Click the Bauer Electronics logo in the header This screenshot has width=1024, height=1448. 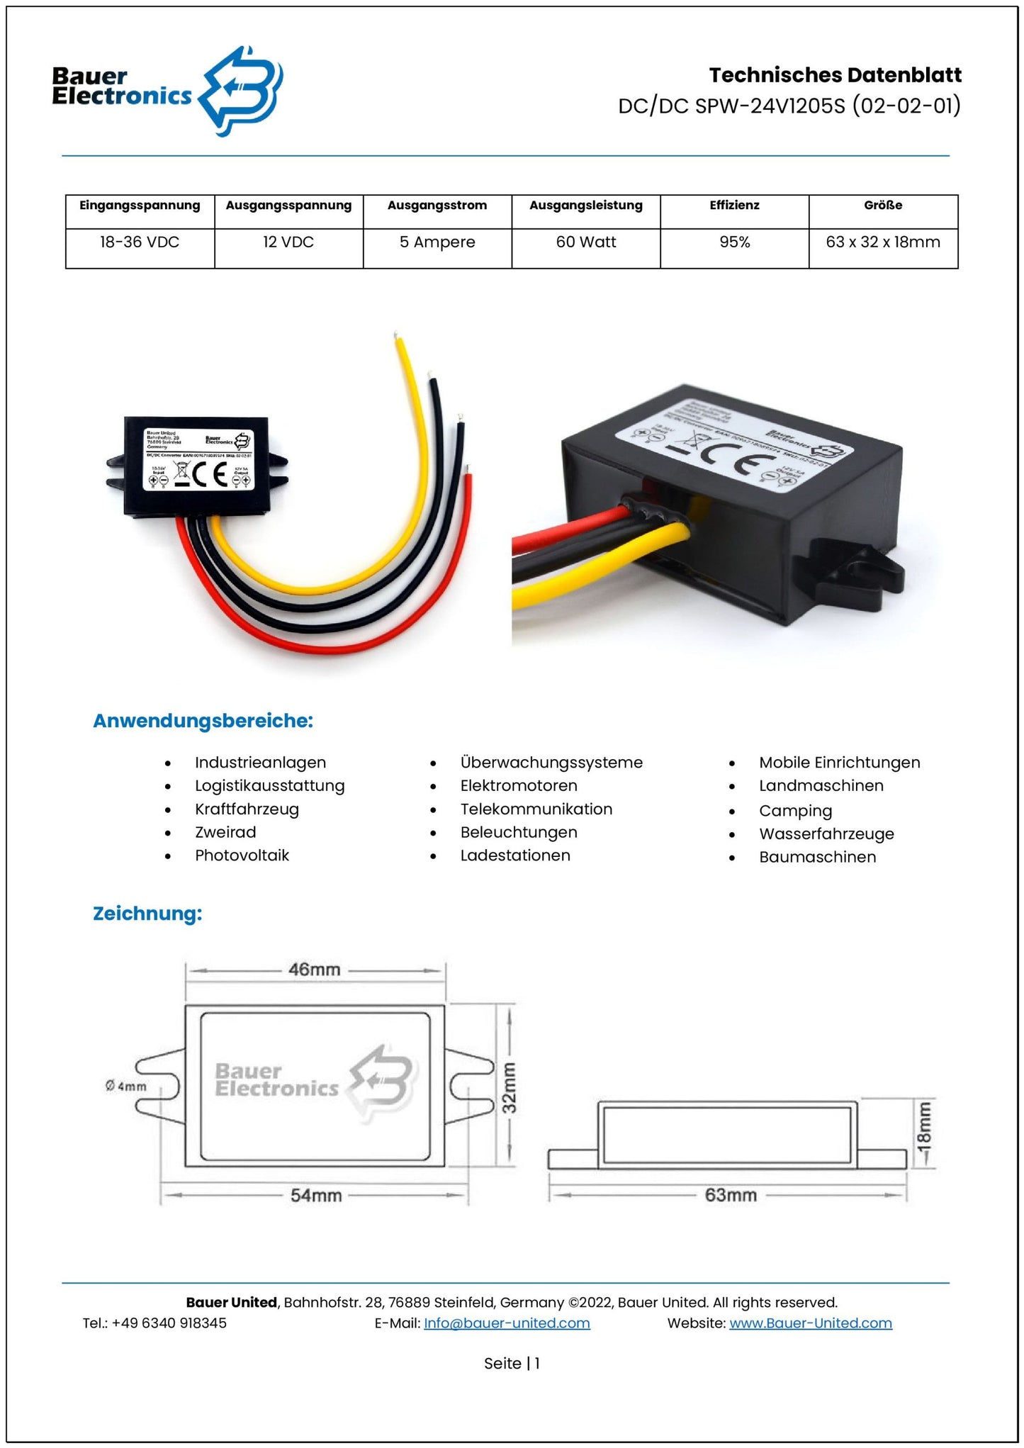coord(167,90)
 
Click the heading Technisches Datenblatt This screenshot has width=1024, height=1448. coord(835,75)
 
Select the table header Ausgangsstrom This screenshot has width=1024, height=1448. coord(437,206)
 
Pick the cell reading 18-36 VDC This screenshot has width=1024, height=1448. coord(140,242)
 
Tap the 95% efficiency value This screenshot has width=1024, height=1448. coord(734,242)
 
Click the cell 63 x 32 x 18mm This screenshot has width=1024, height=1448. coord(882,242)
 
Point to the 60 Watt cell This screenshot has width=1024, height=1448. coord(586,242)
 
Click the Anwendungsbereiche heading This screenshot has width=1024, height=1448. coord(203,721)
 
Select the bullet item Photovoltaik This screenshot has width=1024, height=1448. coord(242,855)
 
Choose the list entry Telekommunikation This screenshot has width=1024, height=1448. coord(536,809)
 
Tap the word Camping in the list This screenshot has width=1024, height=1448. coord(795,811)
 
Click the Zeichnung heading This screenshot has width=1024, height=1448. coord(147,913)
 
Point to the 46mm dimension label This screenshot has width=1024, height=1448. coord(314,969)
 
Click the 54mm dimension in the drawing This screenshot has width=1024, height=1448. coord(316,1196)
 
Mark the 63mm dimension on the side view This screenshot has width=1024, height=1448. coord(731,1195)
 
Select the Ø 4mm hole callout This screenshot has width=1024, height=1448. coord(125,1086)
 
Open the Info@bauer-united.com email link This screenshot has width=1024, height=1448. coord(507,1323)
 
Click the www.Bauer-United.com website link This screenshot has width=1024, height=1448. coord(810,1323)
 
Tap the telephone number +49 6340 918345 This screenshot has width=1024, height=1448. coord(169,1323)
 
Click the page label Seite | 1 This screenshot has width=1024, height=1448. coord(512,1363)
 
